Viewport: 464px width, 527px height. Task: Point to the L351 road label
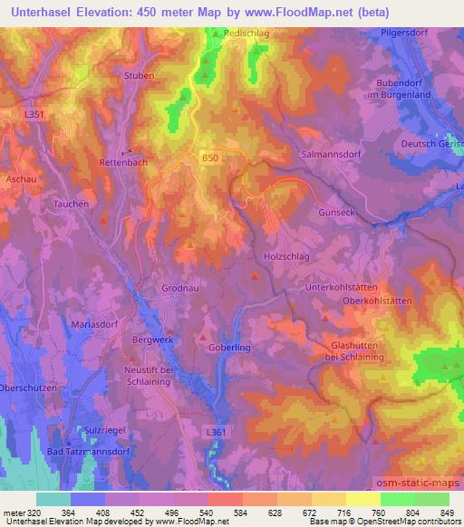coord(34,114)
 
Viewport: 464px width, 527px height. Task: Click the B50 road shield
coord(210,158)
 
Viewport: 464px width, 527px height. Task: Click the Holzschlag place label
coord(286,256)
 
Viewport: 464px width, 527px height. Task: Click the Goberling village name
coord(229,347)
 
